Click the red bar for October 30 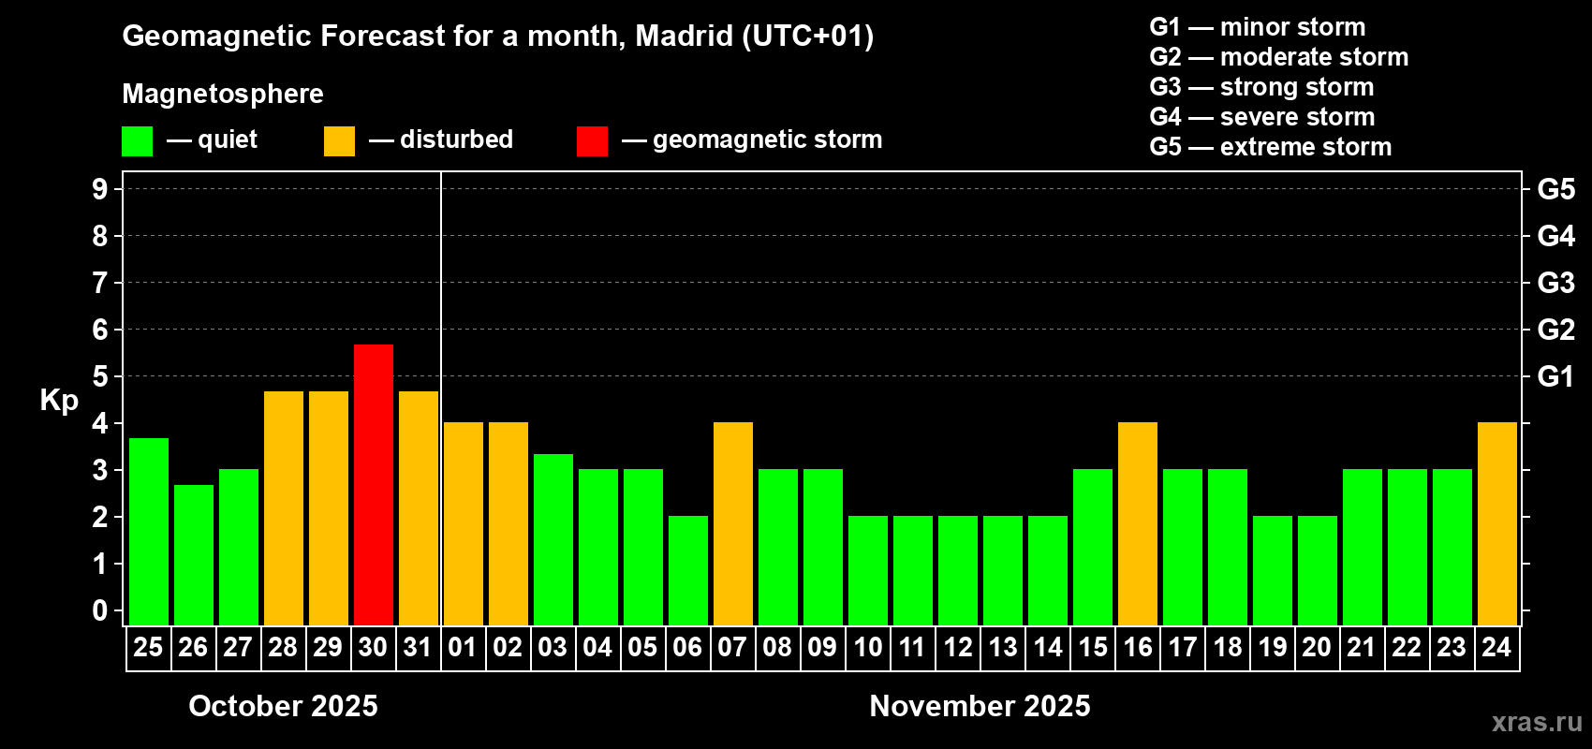tap(373, 484)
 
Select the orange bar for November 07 tap(732, 523)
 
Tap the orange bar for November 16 tap(1137, 523)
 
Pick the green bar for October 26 tap(193, 554)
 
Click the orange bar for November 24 tap(1496, 523)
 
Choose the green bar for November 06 tap(687, 570)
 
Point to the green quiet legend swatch tap(137, 141)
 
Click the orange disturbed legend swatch tap(339, 141)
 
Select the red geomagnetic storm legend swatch tap(592, 141)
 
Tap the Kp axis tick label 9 tap(100, 189)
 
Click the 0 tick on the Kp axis tap(100, 610)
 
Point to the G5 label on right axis tap(1555, 189)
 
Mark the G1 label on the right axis tap(1555, 376)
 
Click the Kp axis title tap(59, 400)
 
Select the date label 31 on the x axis tap(418, 647)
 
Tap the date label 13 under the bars tap(1002, 647)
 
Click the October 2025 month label tap(283, 706)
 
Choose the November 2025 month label tap(980, 706)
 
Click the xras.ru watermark tap(1537, 722)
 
